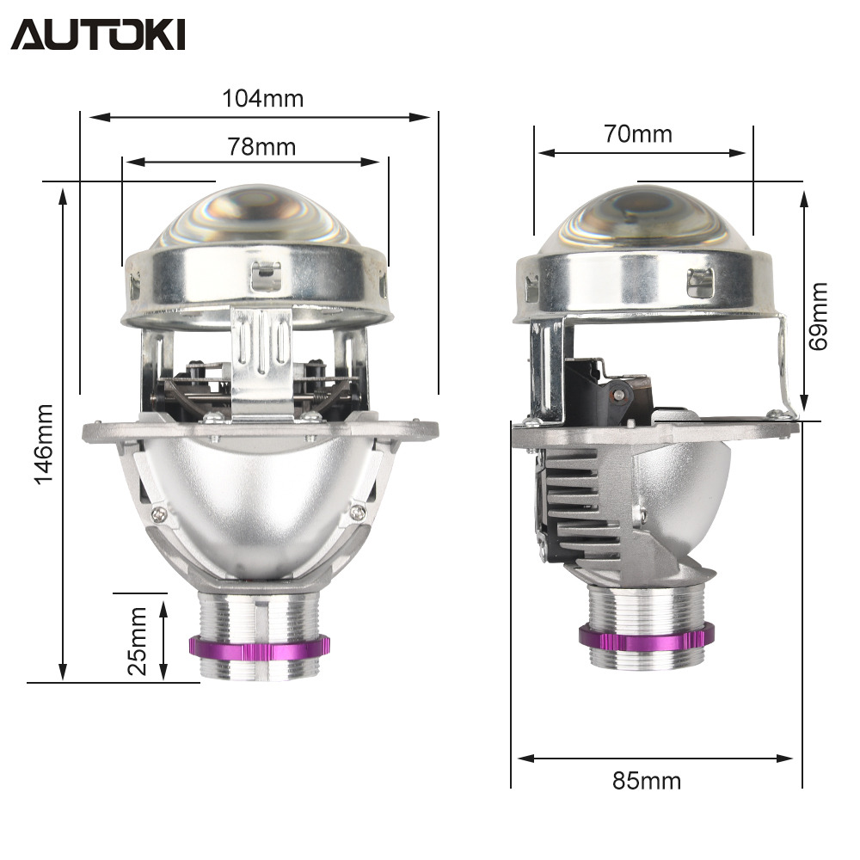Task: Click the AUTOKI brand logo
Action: coord(98,34)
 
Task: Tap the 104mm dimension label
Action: coord(262,99)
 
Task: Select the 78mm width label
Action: coord(261,146)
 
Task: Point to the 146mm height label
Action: coord(44,445)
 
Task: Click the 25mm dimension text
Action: coord(137,641)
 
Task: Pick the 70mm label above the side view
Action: coord(638,134)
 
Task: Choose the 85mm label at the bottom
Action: coord(647,781)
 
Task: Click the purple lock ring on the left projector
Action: coord(260,648)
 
